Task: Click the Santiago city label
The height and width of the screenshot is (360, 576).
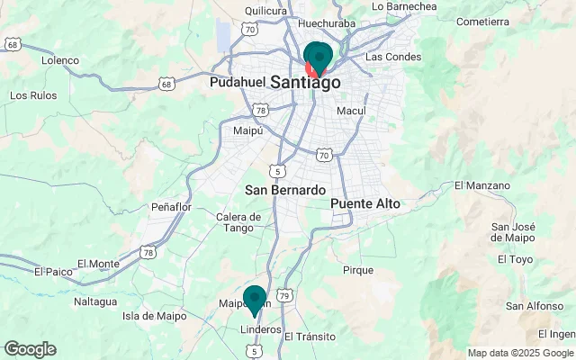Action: coord(292,82)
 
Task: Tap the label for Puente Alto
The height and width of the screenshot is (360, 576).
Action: coord(364,204)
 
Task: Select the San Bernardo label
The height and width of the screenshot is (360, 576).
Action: coord(284,191)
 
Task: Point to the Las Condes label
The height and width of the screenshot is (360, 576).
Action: coord(392,57)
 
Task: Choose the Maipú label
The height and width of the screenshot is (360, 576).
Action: coord(247,130)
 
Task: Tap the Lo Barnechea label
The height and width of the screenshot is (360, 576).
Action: coord(404,6)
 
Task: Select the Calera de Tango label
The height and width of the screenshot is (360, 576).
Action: coord(238,222)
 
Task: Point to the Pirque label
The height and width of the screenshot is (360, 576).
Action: coord(358,270)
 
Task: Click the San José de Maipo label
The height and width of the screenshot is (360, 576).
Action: coord(515,231)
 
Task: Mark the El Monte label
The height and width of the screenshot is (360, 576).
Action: coord(98,264)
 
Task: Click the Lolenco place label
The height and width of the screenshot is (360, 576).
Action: coord(60,60)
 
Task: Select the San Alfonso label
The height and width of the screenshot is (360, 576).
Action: coord(535,306)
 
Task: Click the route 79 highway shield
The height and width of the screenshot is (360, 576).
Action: coord(284,295)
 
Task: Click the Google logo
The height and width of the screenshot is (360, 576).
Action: coord(30,349)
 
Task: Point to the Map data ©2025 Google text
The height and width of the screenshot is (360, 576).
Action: coord(520,353)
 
